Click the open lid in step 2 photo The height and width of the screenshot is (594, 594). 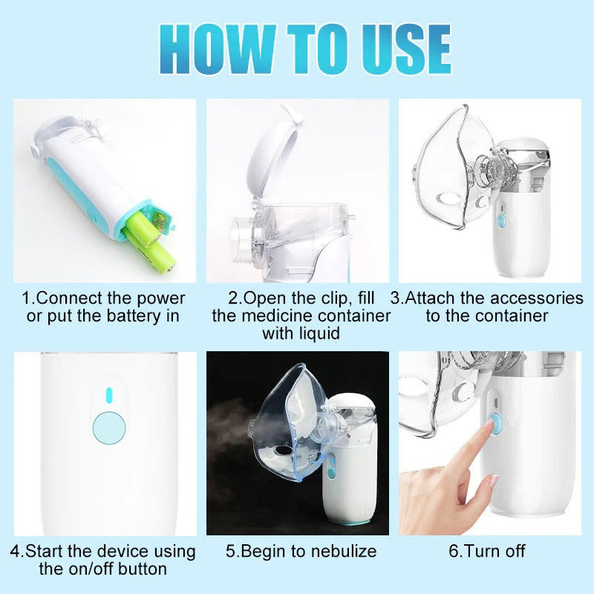[269, 156]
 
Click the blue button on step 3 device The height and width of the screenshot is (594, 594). [501, 221]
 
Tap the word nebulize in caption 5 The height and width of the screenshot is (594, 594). [342, 551]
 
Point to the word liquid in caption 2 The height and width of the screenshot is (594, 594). [319, 333]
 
